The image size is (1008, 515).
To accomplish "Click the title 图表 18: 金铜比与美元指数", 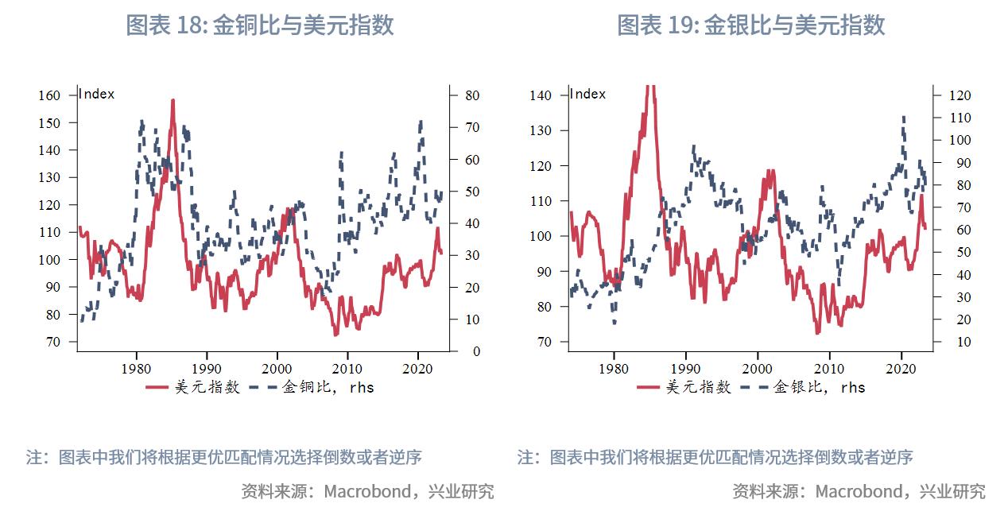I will [259, 25].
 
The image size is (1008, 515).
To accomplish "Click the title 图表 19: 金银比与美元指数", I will [750, 25].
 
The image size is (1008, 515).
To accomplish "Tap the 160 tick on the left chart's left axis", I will [49, 95].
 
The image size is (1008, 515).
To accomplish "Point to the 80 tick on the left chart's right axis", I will [472, 95].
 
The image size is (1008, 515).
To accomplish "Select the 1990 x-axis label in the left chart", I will [207, 368].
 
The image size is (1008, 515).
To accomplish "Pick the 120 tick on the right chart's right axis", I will [960, 95].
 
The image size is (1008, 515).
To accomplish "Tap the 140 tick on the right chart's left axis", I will [541, 95].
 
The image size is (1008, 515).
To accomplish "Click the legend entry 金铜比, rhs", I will [328, 387].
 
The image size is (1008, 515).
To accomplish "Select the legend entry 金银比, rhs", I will [819, 387].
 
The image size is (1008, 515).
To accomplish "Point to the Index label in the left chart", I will [97, 94].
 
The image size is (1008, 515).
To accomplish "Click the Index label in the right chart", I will [588, 94].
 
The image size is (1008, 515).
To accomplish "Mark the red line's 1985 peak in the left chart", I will [173, 101].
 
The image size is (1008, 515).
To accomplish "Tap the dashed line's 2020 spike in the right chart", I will [903, 118].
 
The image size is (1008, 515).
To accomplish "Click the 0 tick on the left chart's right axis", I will [476, 350].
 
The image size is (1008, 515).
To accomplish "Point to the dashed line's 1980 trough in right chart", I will [614, 322].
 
